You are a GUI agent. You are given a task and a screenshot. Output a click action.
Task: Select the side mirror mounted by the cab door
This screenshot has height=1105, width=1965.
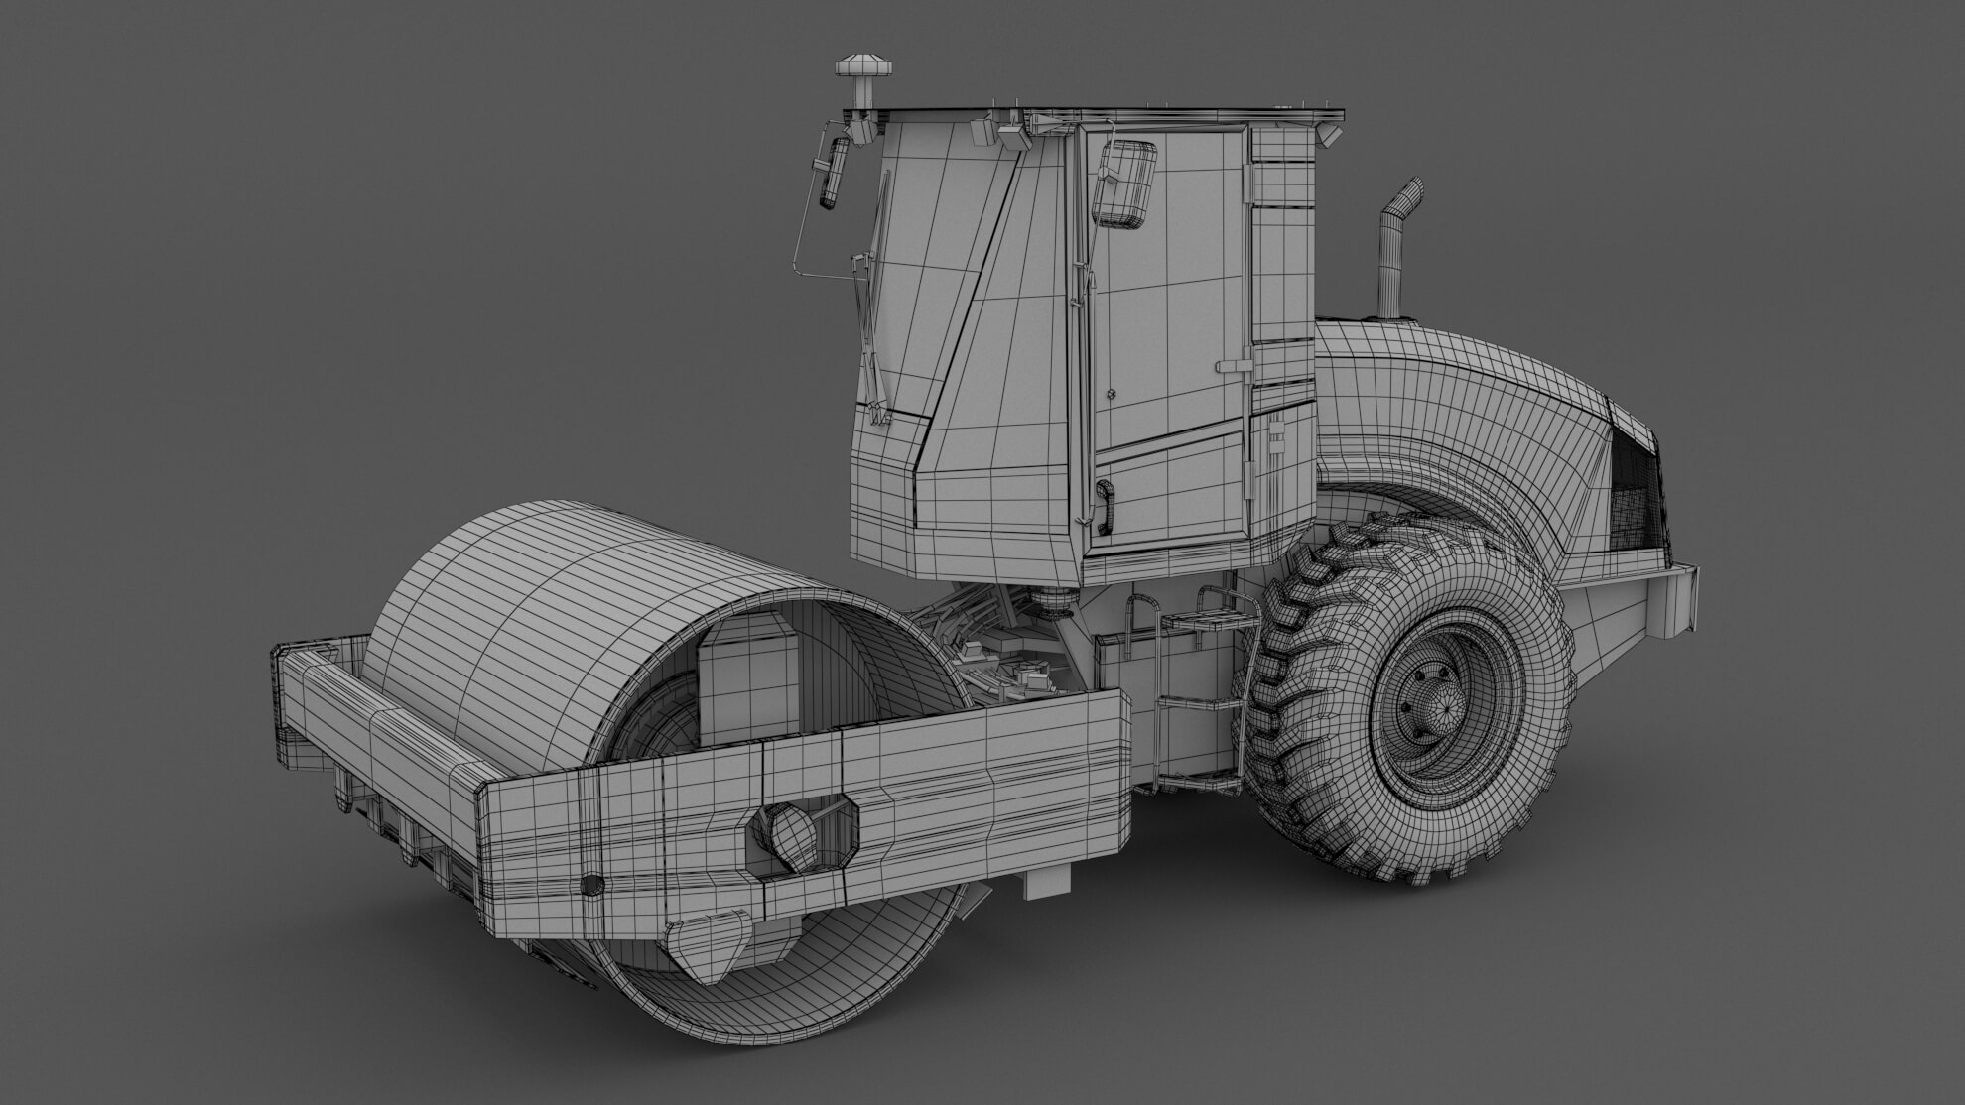(x=1125, y=181)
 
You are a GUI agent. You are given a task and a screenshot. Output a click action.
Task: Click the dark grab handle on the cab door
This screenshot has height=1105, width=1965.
(x=1104, y=505)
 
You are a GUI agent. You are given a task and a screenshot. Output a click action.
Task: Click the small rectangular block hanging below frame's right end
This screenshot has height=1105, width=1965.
(x=1047, y=880)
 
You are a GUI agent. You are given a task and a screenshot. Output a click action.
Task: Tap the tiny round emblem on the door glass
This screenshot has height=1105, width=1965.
(x=1113, y=395)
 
